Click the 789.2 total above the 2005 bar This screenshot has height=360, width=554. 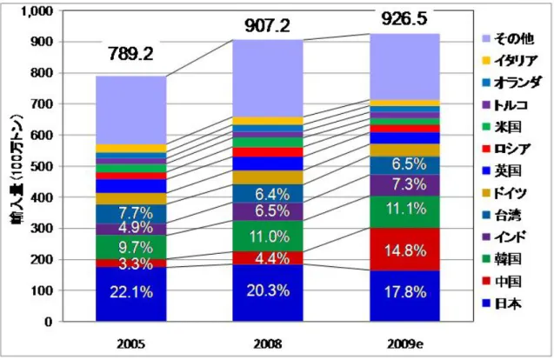[131, 55]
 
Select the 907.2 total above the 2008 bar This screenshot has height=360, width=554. [268, 26]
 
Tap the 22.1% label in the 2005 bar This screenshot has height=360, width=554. [131, 292]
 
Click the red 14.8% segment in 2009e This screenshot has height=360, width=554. [405, 250]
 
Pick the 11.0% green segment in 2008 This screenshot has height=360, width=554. [268, 236]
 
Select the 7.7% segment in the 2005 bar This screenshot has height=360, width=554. [131, 214]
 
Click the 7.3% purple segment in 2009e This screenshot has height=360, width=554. [405, 185]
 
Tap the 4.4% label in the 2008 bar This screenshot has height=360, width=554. [269, 258]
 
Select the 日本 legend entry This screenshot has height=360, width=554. [502, 303]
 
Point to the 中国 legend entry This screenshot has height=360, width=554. [502, 281]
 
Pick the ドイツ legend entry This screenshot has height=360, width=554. [504, 193]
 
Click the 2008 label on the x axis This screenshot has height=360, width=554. [268, 343]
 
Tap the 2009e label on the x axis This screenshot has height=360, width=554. [405, 343]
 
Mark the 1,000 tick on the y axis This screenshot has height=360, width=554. [37, 11]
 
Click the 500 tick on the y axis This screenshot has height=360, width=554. [43, 166]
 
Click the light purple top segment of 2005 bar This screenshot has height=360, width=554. [131, 110]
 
